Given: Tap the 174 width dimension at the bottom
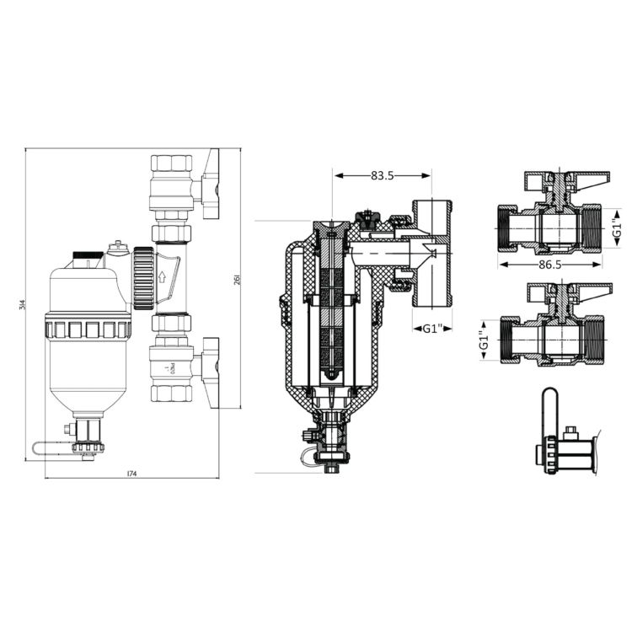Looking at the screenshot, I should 131,474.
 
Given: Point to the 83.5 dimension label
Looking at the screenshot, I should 383,175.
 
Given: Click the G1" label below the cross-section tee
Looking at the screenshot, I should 431,327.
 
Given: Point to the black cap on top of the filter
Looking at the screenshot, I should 88,253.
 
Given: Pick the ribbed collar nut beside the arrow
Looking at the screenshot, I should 142,276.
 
